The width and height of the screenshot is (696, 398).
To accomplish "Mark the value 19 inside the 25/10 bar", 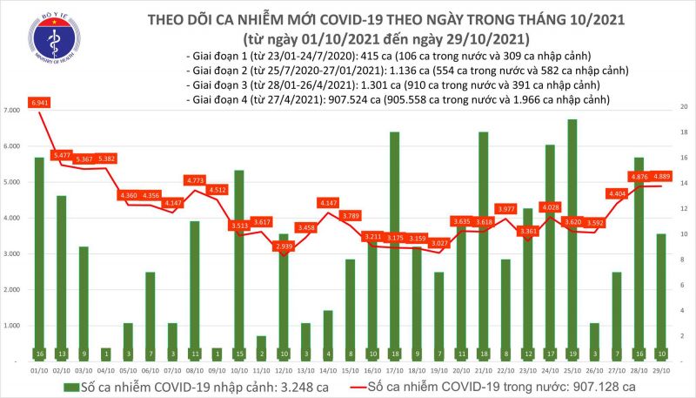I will click(x=572, y=354).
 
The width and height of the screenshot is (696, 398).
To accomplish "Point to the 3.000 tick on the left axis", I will click(x=11, y=254).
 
